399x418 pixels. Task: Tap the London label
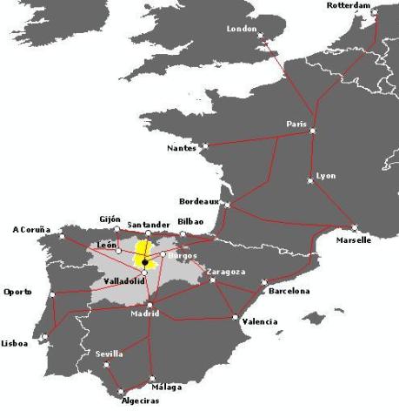(x=242, y=28)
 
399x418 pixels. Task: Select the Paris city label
(x=296, y=124)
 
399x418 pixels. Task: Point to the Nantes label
(x=182, y=148)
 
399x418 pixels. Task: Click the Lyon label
(x=325, y=175)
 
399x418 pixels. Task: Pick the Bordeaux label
(x=196, y=200)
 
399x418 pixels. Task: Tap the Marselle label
(x=354, y=239)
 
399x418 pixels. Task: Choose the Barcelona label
(x=289, y=291)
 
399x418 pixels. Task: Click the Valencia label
(x=260, y=321)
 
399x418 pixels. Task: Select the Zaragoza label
(x=226, y=272)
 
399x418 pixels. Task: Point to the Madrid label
(x=145, y=313)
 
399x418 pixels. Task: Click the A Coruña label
(x=31, y=230)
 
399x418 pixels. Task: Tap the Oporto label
(x=17, y=292)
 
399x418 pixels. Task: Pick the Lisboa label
(x=15, y=342)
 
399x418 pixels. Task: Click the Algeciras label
(x=120, y=401)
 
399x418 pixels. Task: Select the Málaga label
(x=166, y=387)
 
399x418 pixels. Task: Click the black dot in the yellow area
(x=143, y=261)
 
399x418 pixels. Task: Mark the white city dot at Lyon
(x=310, y=181)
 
